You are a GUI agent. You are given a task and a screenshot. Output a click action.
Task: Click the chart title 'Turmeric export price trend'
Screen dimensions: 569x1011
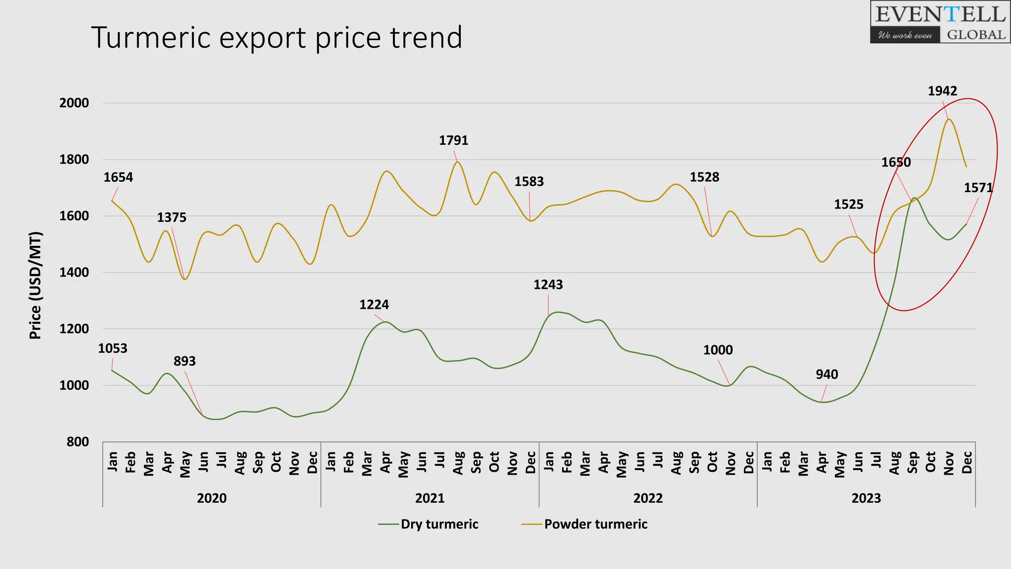tap(276, 38)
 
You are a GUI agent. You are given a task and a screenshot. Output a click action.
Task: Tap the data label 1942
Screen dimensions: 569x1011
tap(942, 91)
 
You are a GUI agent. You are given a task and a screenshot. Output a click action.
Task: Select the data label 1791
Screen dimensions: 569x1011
tap(453, 140)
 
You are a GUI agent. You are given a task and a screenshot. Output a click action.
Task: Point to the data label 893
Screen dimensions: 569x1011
tap(185, 361)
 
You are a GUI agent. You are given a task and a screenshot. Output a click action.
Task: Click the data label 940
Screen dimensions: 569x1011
tap(826, 374)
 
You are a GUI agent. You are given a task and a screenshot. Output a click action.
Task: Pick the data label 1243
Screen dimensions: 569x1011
tap(548, 284)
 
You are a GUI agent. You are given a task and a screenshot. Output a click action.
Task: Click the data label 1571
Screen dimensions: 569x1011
tap(977, 188)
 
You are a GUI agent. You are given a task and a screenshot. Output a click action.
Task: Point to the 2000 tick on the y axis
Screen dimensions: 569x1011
tap(74, 103)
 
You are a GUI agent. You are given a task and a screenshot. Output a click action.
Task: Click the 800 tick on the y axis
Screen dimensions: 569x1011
tap(78, 442)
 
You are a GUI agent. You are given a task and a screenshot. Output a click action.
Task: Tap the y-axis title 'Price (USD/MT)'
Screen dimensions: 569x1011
tap(35, 285)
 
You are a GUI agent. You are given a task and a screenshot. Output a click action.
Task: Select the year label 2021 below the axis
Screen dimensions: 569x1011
tap(429, 498)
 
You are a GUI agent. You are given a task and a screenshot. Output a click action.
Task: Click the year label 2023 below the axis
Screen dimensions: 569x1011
tap(866, 498)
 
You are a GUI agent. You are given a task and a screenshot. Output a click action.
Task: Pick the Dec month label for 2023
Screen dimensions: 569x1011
tap(967, 462)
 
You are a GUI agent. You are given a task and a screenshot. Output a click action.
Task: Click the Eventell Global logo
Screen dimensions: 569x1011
tap(940, 22)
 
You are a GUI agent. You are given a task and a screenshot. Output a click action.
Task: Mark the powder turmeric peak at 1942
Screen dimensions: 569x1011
tap(949, 119)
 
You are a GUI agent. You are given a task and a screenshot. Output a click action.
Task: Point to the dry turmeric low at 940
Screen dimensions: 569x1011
tap(821, 402)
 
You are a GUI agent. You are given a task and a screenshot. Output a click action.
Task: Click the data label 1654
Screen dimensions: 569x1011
tap(118, 177)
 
